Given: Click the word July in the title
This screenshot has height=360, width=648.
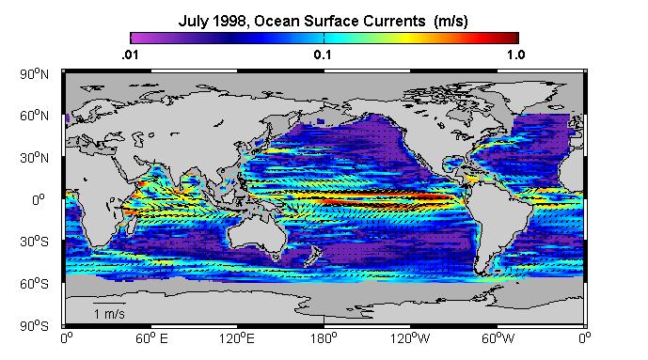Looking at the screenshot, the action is pyautogui.click(x=193, y=21).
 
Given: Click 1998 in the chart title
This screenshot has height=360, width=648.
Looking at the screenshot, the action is pyautogui.click(x=229, y=21).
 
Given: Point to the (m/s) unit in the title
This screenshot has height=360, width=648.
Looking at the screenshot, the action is pyautogui.click(x=450, y=21).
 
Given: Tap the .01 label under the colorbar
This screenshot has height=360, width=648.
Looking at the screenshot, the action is pyautogui.click(x=130, y=55).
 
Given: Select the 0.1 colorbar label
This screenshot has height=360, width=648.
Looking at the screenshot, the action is pyautogui.click(x=323, y=55).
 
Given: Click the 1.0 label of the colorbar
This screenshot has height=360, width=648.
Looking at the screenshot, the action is pyautogui.click(x=516, y=55).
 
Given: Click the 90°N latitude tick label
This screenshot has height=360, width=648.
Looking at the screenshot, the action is pyautogui.click(x=34, y=74).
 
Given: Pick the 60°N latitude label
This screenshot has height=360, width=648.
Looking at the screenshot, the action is pyautogui.click(x=34, y=116).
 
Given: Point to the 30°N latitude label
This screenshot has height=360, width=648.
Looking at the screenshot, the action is pyautogui.click(x=34, y=158).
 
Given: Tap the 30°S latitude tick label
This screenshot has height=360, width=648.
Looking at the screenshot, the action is pyautogui.click(x=34, y=242).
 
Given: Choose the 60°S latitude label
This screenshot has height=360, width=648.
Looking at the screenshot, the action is pyautogui.click(x=34, y=284).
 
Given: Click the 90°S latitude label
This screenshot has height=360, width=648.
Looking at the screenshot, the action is pyautogui.click(x=34, y=326).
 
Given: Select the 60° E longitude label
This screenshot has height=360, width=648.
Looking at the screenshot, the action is pyautogui.click(x=151, y=338).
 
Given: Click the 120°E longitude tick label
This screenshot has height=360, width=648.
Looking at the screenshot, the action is pyautogui.click(x=237, y=338).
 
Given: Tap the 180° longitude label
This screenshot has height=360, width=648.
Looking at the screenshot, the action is pyautogui.click(x=324, y=338).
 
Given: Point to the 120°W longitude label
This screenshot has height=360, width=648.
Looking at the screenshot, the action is pyautogui.click(x=410, y=338).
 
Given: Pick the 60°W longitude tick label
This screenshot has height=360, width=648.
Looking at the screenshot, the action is pyautogui.click(x=498, y=338).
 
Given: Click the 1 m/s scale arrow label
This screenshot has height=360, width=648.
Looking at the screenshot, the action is pyautogui.click(x=109, y=314).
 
